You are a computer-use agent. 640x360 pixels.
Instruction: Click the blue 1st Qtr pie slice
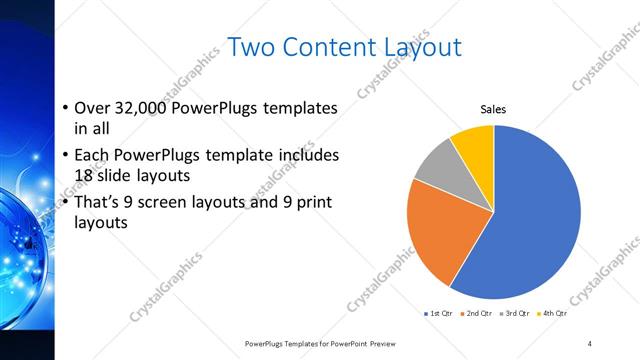click(530, 220)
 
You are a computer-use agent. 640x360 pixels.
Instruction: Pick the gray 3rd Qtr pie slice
click(436, 169)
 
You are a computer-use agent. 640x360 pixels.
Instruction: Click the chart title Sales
click(494, 109)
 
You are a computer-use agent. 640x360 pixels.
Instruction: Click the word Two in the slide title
click(252, 47)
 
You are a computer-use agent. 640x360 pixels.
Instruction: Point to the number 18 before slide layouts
click(86, 175)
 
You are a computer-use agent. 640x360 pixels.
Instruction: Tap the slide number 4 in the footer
click(590, 343)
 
